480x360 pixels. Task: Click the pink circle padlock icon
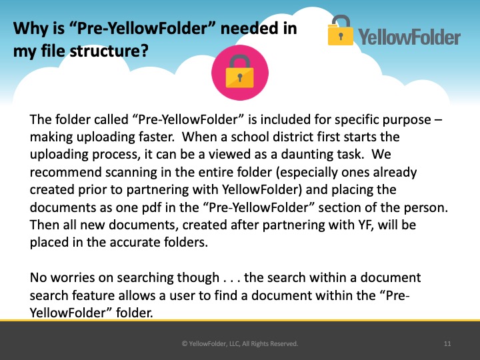coord(240,73)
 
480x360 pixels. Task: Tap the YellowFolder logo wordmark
coord(409,37)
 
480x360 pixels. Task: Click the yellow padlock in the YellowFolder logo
coord(340,30)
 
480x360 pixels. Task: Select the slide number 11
coord(447,343)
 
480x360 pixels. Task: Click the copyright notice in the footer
coord(240,343)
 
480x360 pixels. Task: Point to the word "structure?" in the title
coord(109,51)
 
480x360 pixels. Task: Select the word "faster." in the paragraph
coord(157,137)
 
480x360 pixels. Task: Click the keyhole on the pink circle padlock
coord(240,77)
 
